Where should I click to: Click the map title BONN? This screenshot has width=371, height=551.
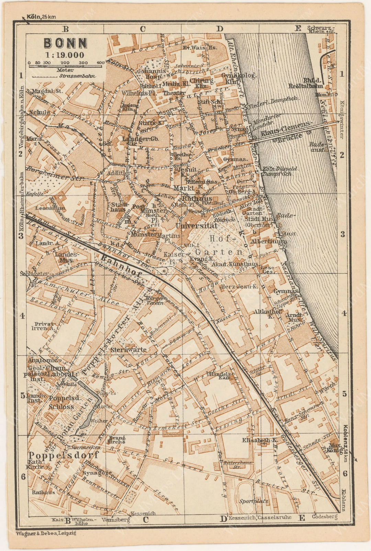[65, 43]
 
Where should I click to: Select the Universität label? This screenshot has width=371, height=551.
[196, 226]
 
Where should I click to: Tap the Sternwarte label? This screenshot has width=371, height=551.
[128, 349]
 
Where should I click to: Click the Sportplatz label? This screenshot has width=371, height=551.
[254, 501]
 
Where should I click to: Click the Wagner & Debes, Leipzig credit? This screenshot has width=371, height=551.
[46, 533]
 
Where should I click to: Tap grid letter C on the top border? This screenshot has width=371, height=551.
[143, 29]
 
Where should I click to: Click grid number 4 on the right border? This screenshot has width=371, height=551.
[344, 313]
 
